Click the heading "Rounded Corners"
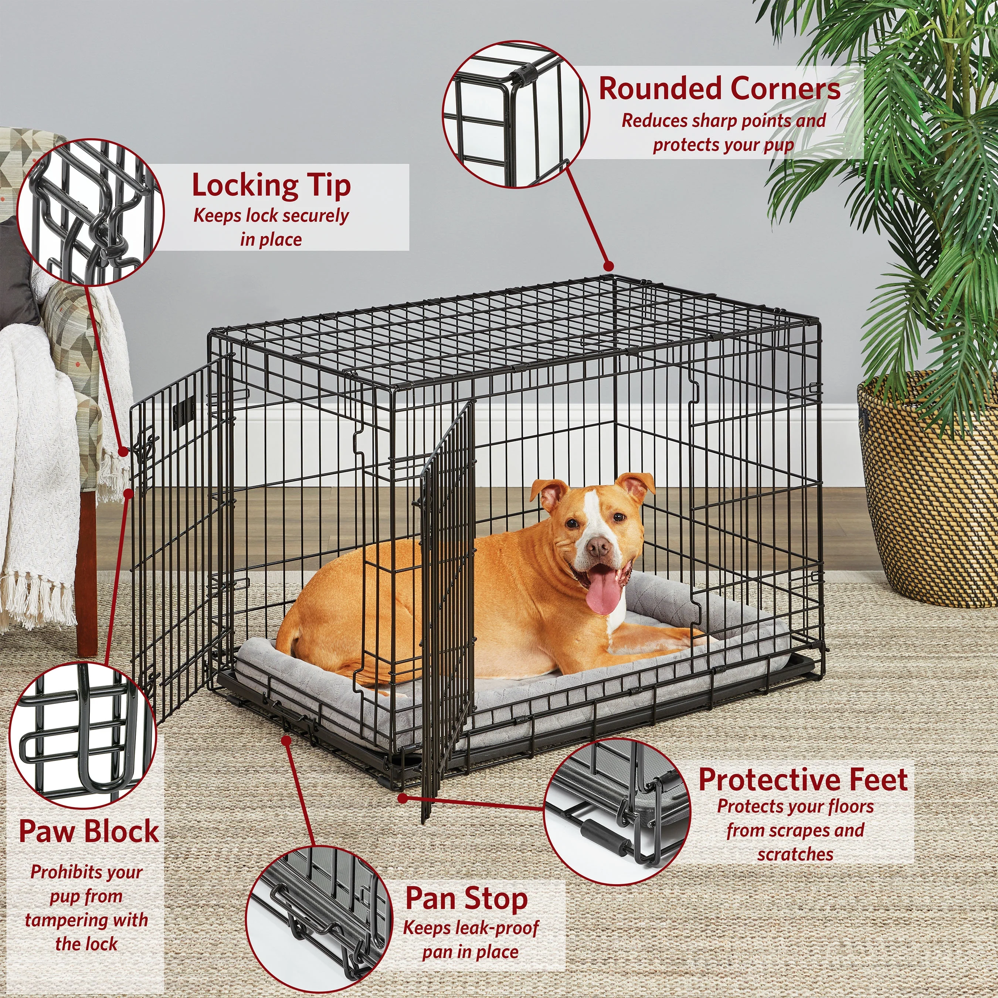(x=720, y=88)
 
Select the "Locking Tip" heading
(x=271, y=186)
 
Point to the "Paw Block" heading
(x=89, y=831)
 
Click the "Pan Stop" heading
(x=466, y=899)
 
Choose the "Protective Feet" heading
(x=803, y=780)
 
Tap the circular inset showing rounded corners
(x=516, y=114)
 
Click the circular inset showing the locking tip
(x=91, y=211)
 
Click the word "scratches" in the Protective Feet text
(x=795, y=854)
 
